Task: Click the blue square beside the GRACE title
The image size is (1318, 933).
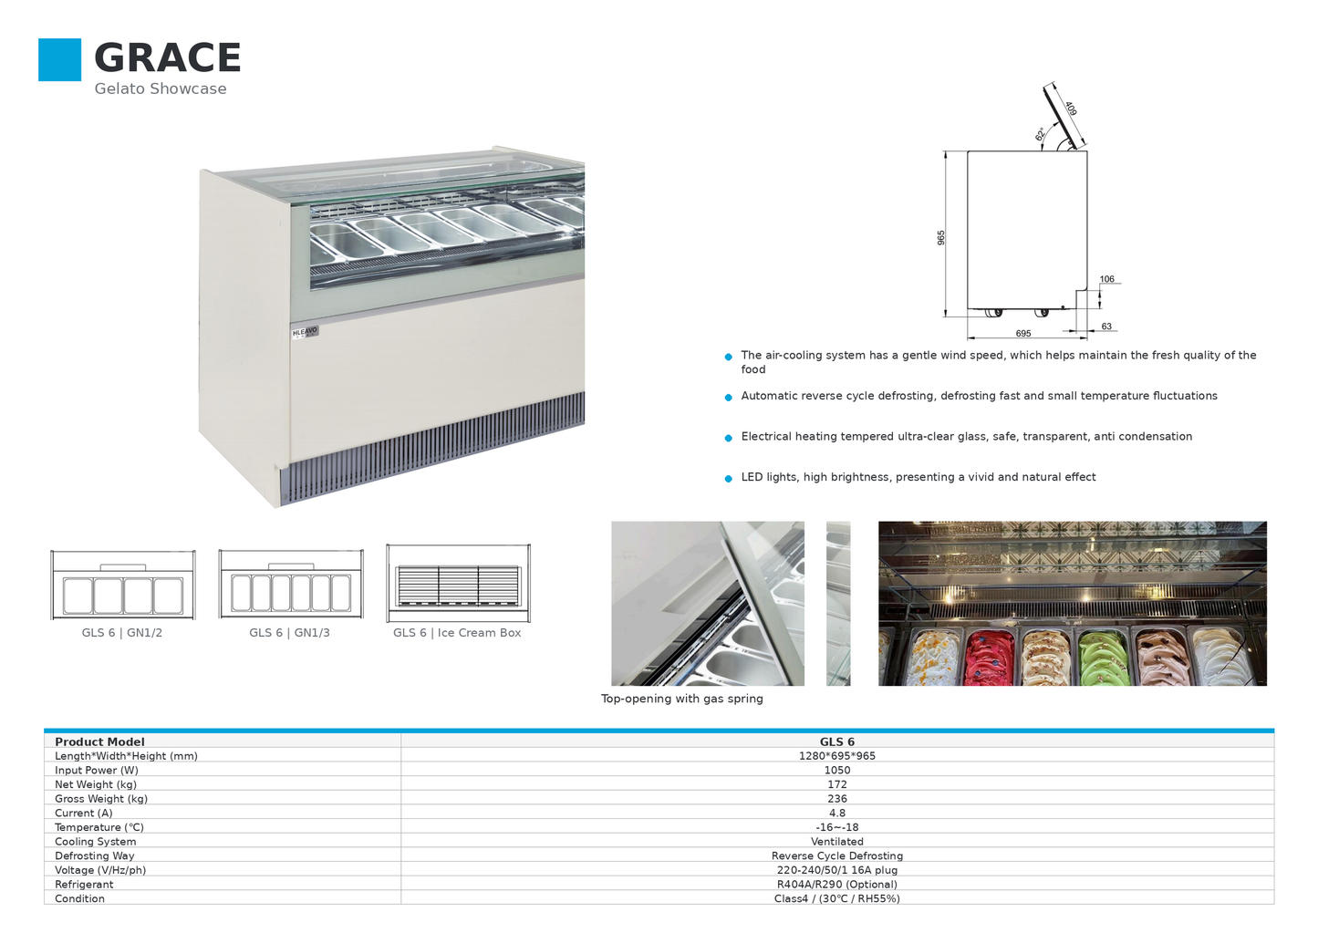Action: click(x=59, y=59)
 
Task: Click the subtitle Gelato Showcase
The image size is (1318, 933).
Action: click(x=160, y=88)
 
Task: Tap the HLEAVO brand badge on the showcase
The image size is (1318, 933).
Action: click(x=305, y=332)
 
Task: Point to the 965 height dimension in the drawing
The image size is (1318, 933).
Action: click(x=940, y=238)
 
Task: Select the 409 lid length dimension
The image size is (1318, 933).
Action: click(x=1071, y=109)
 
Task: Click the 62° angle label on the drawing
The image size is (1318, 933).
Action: click(x=1041, y=134)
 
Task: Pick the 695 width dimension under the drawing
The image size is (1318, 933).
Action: click(x=1023, y=334)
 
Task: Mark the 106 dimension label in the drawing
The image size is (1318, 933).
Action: click(x=1106, y=279)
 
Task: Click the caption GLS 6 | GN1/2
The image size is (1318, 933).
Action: click(x=122, y=633)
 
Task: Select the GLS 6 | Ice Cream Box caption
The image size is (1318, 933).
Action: click(x=457, y=633)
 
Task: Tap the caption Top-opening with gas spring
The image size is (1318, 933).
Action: click(x=682, y=699)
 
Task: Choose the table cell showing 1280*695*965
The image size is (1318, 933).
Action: click(x=836, y=756)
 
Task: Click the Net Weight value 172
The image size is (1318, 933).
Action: click(x=836, y=784)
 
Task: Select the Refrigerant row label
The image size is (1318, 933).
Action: click(x=84, y=884)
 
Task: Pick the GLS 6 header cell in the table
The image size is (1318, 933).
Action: click(x=836, y=741)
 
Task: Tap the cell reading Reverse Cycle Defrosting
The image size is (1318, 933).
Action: click(x=836, y=856)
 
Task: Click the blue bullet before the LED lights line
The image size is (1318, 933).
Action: click(x=729, y=478)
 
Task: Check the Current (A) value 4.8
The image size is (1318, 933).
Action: click(x=836, y=813)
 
